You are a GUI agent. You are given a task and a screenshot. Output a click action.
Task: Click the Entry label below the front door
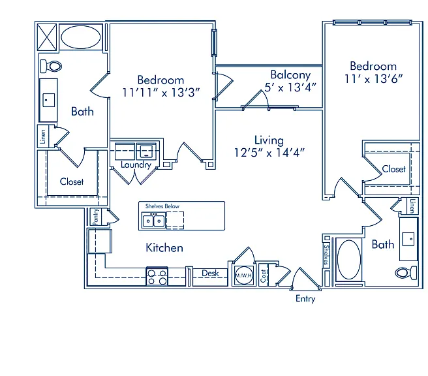point(305,298)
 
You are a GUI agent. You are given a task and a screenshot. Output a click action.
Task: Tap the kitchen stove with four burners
point(157,277)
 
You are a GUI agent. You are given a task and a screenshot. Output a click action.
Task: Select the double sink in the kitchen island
point(153,221)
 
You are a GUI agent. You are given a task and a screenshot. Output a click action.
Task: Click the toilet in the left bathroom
point(51,67)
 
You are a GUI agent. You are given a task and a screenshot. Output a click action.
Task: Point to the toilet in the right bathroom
point(406,273)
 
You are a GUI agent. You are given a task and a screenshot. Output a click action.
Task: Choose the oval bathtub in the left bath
point(80,37)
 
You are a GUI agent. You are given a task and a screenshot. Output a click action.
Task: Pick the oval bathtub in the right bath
point(349,259)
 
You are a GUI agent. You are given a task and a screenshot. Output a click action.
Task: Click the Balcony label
point(290,75)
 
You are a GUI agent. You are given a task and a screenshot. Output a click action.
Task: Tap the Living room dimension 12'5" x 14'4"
point(269,153)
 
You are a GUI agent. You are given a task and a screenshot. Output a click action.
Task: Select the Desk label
point(210,273)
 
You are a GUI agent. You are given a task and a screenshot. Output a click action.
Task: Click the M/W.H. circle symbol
point(244,275)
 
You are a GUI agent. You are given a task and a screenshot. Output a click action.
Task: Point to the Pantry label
point(95,217)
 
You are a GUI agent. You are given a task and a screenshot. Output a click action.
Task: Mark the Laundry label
point(136,164)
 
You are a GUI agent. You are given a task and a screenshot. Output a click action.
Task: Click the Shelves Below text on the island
point(162,206)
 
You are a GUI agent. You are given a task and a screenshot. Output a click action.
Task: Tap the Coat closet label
point(263,275)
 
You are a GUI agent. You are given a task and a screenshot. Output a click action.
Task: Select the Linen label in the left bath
point(43,136)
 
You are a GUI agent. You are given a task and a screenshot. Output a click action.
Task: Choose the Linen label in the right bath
point(412,206)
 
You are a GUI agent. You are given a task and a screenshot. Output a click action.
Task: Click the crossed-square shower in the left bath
point(47,37)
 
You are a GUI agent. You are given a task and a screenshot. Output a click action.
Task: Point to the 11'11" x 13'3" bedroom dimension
point(161,93)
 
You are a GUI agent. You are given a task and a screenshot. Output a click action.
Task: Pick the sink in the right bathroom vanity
point(408,239)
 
